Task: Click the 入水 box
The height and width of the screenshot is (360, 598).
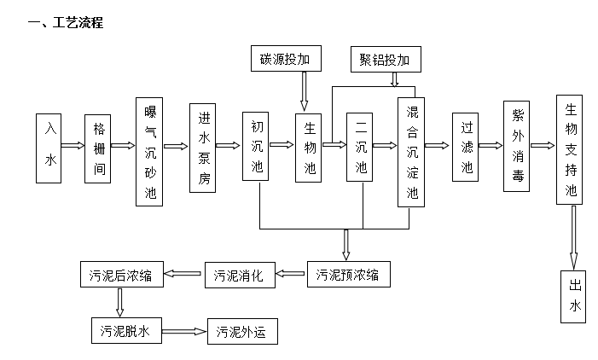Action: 49,147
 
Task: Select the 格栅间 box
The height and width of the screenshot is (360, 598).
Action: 99,147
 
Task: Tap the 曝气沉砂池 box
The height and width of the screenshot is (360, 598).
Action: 150,151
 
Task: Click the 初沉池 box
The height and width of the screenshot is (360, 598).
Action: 256,147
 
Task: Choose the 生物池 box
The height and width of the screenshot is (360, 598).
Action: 309,147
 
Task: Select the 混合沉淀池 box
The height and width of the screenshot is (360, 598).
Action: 412,151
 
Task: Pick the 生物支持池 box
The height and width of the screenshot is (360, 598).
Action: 572,151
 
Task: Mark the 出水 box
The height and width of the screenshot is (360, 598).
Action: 573,296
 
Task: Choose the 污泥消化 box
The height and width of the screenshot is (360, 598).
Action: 240,275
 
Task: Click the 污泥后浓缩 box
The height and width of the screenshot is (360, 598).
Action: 120,275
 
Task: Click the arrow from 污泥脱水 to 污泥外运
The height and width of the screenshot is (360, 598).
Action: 184,331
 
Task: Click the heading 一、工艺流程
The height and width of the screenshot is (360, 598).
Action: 66,23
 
